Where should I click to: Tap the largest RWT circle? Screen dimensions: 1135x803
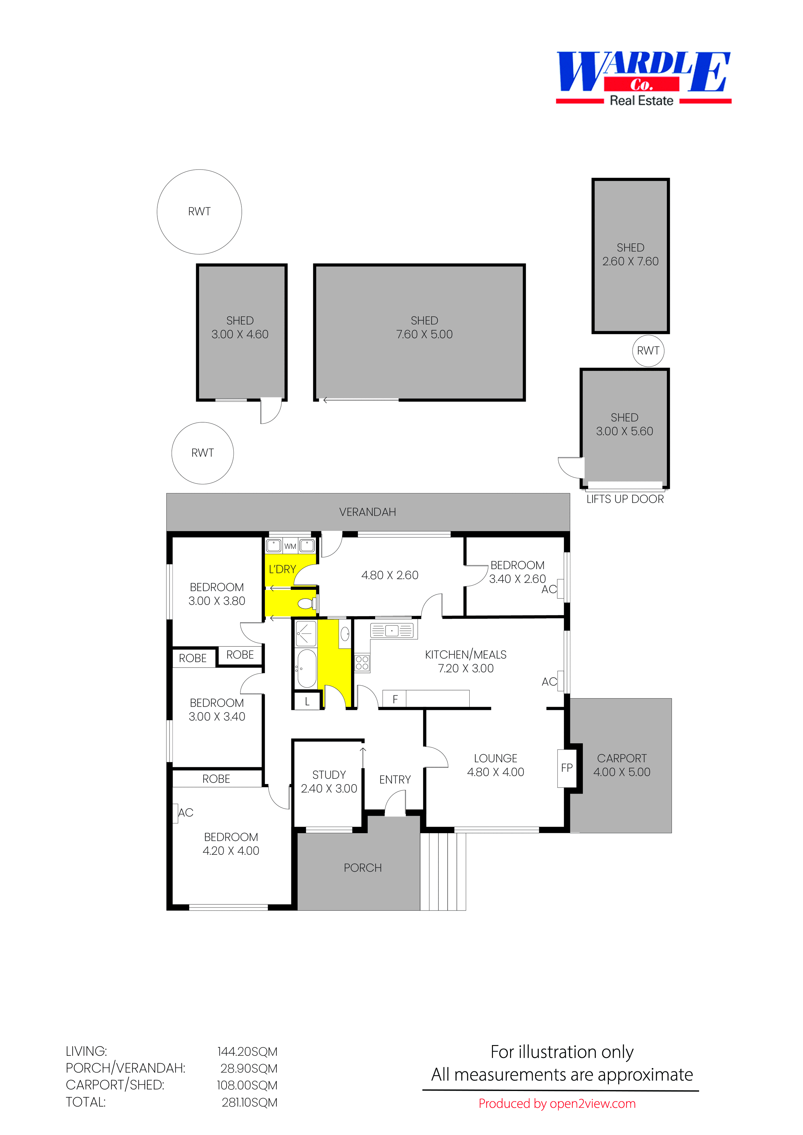pos(199,212)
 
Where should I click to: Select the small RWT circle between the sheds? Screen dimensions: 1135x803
pos(648,350)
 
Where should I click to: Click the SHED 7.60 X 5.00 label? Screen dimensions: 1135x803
pos(424,327)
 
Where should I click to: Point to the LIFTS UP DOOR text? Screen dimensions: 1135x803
pos(624,499)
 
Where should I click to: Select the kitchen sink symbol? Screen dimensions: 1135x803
pos(392,630)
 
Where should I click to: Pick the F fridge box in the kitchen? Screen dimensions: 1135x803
pos(395,699)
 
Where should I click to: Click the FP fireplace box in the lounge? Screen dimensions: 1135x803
pos(567,768)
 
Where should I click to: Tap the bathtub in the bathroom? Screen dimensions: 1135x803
pos(306,668)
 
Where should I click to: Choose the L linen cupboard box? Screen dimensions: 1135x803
pos(307,701)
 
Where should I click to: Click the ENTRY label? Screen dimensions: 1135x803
pos(395,779)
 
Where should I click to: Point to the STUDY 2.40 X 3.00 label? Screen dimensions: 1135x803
pos(329,782)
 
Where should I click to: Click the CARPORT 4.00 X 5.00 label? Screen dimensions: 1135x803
pos(621,765)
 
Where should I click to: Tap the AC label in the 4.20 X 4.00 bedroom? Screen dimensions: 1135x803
pos(185,812)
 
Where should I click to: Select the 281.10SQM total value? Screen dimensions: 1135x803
pos(249,1102)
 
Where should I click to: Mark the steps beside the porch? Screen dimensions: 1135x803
pos(442,871)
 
